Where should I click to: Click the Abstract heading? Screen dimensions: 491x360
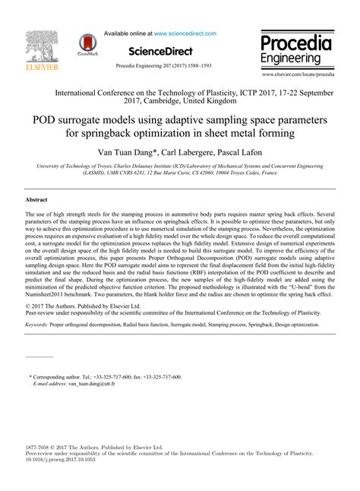36,199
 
